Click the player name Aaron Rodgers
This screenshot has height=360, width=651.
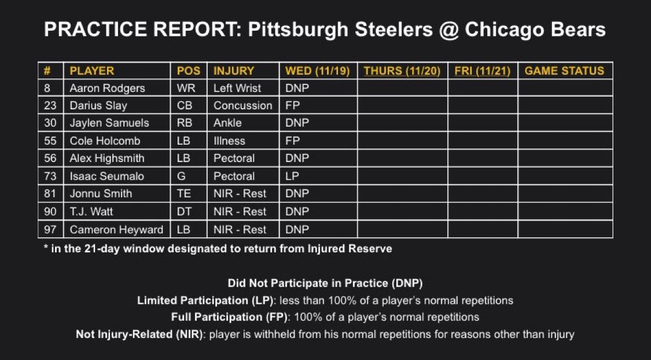107,88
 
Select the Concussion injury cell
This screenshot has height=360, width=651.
242,105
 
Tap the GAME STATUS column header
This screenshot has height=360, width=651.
564,71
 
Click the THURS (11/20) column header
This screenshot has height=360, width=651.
402,71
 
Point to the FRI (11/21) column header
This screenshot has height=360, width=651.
482,71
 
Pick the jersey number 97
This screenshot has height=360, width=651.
50,229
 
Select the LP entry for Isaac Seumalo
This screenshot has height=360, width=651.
292,176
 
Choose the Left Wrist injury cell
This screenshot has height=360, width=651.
237,88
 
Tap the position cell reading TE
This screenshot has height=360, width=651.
184,194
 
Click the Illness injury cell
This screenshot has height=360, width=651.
229,141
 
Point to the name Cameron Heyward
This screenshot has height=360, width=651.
116,229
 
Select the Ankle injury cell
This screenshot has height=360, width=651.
227,123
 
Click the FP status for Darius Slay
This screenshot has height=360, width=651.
292,105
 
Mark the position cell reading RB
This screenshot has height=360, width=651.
185,123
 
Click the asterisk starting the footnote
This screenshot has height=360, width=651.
46,248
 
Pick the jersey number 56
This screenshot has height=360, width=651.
50,159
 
